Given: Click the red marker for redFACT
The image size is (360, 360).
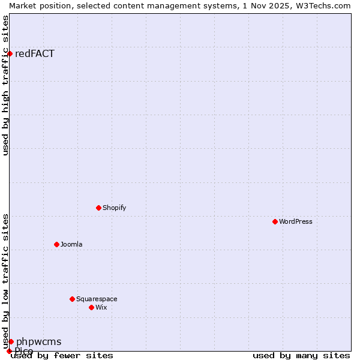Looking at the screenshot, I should click(10, 54).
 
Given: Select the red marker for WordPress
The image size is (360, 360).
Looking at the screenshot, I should click(275, 221).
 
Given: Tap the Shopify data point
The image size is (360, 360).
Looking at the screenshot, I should click(98, 208).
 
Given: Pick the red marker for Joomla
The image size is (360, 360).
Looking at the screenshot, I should click(56, 244).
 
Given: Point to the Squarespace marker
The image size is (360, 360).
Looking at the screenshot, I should click(72, 299).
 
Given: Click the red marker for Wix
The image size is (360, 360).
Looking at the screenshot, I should click(91, 307).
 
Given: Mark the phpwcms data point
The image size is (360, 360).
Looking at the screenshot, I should click(11, 341).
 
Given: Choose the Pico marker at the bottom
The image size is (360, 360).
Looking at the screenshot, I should click(9, 351).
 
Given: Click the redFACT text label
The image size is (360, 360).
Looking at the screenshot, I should click(35, 54).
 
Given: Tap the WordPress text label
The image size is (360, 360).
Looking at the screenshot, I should click(296, 221).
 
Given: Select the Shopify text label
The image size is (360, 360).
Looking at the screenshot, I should click(115, 208).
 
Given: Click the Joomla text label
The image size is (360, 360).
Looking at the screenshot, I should click(71, 244).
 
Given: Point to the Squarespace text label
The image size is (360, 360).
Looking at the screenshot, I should click(97, 299).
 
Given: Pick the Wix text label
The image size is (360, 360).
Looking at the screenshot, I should click(101, 307).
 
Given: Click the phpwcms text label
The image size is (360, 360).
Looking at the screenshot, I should click(38, 342).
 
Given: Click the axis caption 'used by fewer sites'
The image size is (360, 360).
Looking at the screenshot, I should click(62, 356).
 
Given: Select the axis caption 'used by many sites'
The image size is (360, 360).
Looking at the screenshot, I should click(301, 356).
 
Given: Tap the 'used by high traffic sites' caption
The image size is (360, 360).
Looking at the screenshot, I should click(5, 85).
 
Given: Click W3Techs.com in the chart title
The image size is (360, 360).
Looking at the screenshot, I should click(322, 5).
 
